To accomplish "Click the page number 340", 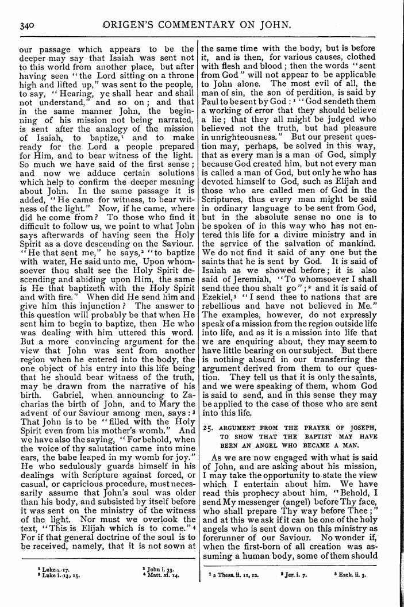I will [x=28, y=25].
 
